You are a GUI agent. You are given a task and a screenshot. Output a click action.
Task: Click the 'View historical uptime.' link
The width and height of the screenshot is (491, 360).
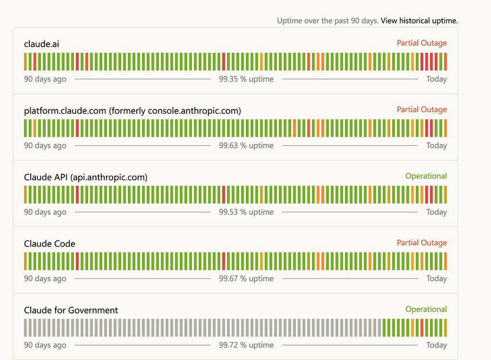click(x=419, y=21)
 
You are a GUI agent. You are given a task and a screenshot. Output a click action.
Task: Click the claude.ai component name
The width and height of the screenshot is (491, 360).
click(x=42, y=44)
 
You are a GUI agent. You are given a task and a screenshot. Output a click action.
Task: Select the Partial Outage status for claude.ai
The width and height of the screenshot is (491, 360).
click(x=422, y=43)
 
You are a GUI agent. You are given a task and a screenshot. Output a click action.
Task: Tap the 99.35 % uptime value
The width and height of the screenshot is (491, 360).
click(x=246, y=79)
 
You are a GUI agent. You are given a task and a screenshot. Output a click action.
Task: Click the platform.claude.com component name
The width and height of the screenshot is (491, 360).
click(x=132, y=111)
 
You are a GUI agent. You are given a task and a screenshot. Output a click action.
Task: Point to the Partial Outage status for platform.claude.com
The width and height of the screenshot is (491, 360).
click(x=422, y=109)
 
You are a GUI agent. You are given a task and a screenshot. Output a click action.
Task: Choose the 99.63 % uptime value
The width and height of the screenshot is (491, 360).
click(x=246, y=145)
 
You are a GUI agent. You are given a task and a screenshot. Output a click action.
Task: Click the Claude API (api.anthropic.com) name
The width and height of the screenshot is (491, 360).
click(x=86, y=177)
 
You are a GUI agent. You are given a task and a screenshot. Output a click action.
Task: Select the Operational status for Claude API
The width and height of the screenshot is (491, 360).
click(x=426, y=176)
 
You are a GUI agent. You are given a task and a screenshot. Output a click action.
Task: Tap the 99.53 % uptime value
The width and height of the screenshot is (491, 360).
click(x=246, y=212)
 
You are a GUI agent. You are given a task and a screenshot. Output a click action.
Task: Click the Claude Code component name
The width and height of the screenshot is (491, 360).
click(x=49, y=243)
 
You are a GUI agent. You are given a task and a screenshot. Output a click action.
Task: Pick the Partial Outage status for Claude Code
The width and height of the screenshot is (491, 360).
click(x=422, y=242)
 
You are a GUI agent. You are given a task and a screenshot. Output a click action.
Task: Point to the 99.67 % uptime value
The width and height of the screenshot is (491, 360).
click(x=246, y=278)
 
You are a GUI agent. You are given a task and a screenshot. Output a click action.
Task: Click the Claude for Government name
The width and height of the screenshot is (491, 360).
click(x=71, y=310)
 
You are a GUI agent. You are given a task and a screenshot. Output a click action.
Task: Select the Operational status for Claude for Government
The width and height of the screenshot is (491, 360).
click(x=426, y=309)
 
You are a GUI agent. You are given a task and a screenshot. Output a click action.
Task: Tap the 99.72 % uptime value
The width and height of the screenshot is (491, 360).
click(x=246, y=345)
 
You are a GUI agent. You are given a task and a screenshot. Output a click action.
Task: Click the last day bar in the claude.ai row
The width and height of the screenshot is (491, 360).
click(x=445, y=61)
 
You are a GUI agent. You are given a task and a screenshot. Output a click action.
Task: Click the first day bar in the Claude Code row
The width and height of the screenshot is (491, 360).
click(x=25, y=262)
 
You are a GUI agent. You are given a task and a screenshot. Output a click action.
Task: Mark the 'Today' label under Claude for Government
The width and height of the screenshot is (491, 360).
click(x=436, y=345)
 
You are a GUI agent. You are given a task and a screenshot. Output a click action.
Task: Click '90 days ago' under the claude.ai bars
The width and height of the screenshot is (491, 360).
click(x=45, y=79)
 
